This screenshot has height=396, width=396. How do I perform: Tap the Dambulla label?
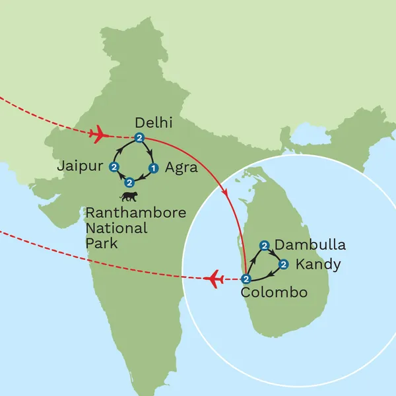pos(310,246)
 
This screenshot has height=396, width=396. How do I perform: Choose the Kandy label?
pos(319,265)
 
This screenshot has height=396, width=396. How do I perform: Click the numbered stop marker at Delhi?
pos(139,137)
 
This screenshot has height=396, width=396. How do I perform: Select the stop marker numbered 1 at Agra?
pos(153,167)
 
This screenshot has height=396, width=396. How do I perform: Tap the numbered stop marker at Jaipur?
pos(114,167)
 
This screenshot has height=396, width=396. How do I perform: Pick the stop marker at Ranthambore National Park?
pos(129,181)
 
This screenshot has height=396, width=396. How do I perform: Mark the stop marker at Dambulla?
pos(265,246)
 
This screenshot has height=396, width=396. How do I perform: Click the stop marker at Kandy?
pos(284,265)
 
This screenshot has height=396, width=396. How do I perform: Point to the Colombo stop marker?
pos(246,279)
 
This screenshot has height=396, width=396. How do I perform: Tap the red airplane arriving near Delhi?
pos(98,135)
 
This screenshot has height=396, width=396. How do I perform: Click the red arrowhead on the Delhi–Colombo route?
pos(227,195)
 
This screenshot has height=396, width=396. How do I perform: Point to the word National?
pos(117,228)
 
